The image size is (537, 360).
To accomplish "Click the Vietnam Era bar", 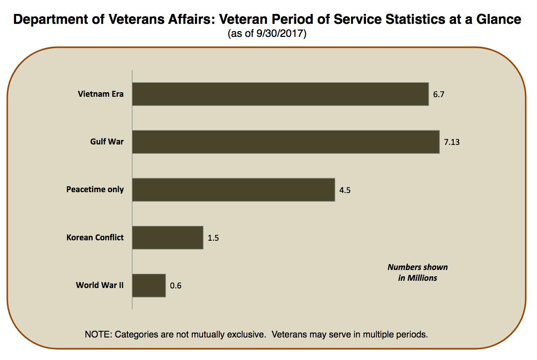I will coord(280,94).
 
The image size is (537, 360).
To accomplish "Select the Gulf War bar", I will coord(285,142).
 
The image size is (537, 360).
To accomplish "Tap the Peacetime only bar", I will coord(233,189).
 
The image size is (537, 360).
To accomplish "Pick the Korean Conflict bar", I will coord(167,237).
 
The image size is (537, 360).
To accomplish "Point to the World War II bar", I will coord(149,285).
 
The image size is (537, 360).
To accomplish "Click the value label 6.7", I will coord(439,94).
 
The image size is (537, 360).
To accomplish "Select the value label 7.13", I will coord(451,142).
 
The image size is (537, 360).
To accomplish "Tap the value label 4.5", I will coord(345,190).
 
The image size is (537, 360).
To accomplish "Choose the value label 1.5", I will coord(213,238).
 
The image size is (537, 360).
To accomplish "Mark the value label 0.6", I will coord(176,286).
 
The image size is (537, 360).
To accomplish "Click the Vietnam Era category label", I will coord(100,94).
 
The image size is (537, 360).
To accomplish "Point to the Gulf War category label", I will coord(107,141).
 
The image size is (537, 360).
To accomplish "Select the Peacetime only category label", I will coord(95,189).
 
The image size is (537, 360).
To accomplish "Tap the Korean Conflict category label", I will coord(95,237).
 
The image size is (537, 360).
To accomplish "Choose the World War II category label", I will coord(99,285).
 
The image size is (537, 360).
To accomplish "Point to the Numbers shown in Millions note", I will coord(418,272).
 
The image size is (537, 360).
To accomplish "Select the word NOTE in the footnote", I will coord(98,335).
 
